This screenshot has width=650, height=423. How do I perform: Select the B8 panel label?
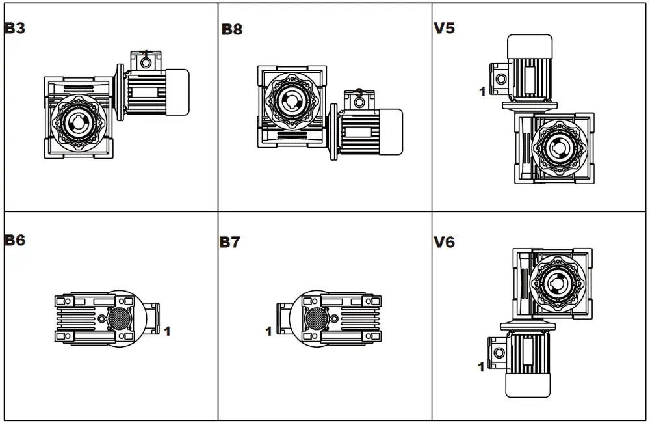232,29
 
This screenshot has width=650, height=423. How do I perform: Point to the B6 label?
15,240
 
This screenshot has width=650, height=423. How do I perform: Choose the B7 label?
229,243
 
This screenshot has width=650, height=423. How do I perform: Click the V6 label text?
444,243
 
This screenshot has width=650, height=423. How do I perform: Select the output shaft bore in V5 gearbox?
557,148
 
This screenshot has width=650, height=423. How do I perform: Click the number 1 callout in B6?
167,331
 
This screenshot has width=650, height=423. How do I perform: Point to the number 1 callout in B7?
268,332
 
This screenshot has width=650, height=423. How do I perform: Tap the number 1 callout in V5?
482,92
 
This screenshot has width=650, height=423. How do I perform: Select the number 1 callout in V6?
481,367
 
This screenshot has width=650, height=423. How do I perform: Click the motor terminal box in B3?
145,61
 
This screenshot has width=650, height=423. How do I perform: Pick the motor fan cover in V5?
530,45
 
